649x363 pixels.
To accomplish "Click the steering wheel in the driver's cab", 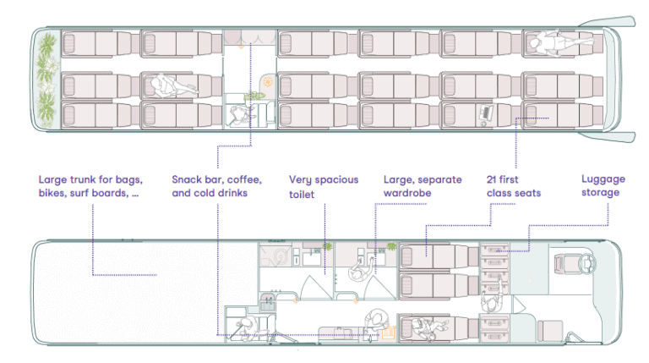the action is click(588, 262).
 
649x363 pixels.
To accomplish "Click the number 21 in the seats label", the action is click(491, 179).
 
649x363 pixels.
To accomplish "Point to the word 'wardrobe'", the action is click(407, 193).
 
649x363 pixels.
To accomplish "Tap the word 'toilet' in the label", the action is click(302, 195).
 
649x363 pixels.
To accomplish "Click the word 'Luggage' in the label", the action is click(603, 179).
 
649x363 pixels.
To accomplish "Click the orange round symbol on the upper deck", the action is click(268, 81).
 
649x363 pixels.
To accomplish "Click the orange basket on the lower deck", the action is click(389, 332).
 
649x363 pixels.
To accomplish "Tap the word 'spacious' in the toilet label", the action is click(336, 180).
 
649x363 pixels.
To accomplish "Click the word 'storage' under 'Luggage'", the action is click(600, 193).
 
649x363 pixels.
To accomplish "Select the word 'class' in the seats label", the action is click(499, 193).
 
